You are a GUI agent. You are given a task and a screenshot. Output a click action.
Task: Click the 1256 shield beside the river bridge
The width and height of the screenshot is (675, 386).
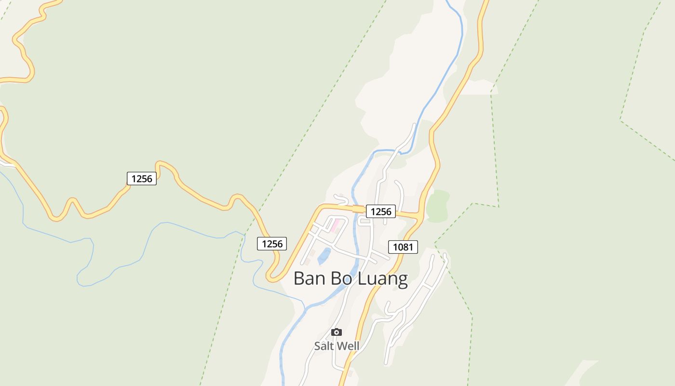click(381, 211)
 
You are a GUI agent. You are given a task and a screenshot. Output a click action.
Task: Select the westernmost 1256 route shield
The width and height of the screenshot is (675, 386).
click(142, 179)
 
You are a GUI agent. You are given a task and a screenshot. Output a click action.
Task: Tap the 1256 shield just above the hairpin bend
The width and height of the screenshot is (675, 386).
click(272, 244)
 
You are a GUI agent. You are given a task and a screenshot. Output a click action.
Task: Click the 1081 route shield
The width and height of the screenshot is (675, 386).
click(403, 247)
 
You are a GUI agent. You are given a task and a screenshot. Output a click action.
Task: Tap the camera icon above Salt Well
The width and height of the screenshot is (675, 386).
click(337, 332)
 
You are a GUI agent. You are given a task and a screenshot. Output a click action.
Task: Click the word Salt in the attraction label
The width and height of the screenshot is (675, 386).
click(324, 346)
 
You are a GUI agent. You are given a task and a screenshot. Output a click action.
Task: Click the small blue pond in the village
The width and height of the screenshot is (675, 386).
click(324, 256)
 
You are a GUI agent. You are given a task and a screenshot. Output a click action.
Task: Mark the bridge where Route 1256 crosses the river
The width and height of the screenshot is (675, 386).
click(358, 209)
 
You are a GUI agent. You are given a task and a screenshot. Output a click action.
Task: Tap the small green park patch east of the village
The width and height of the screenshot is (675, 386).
click(438, 207)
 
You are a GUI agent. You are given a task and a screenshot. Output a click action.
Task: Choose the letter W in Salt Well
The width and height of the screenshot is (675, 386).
click(342, 346)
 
